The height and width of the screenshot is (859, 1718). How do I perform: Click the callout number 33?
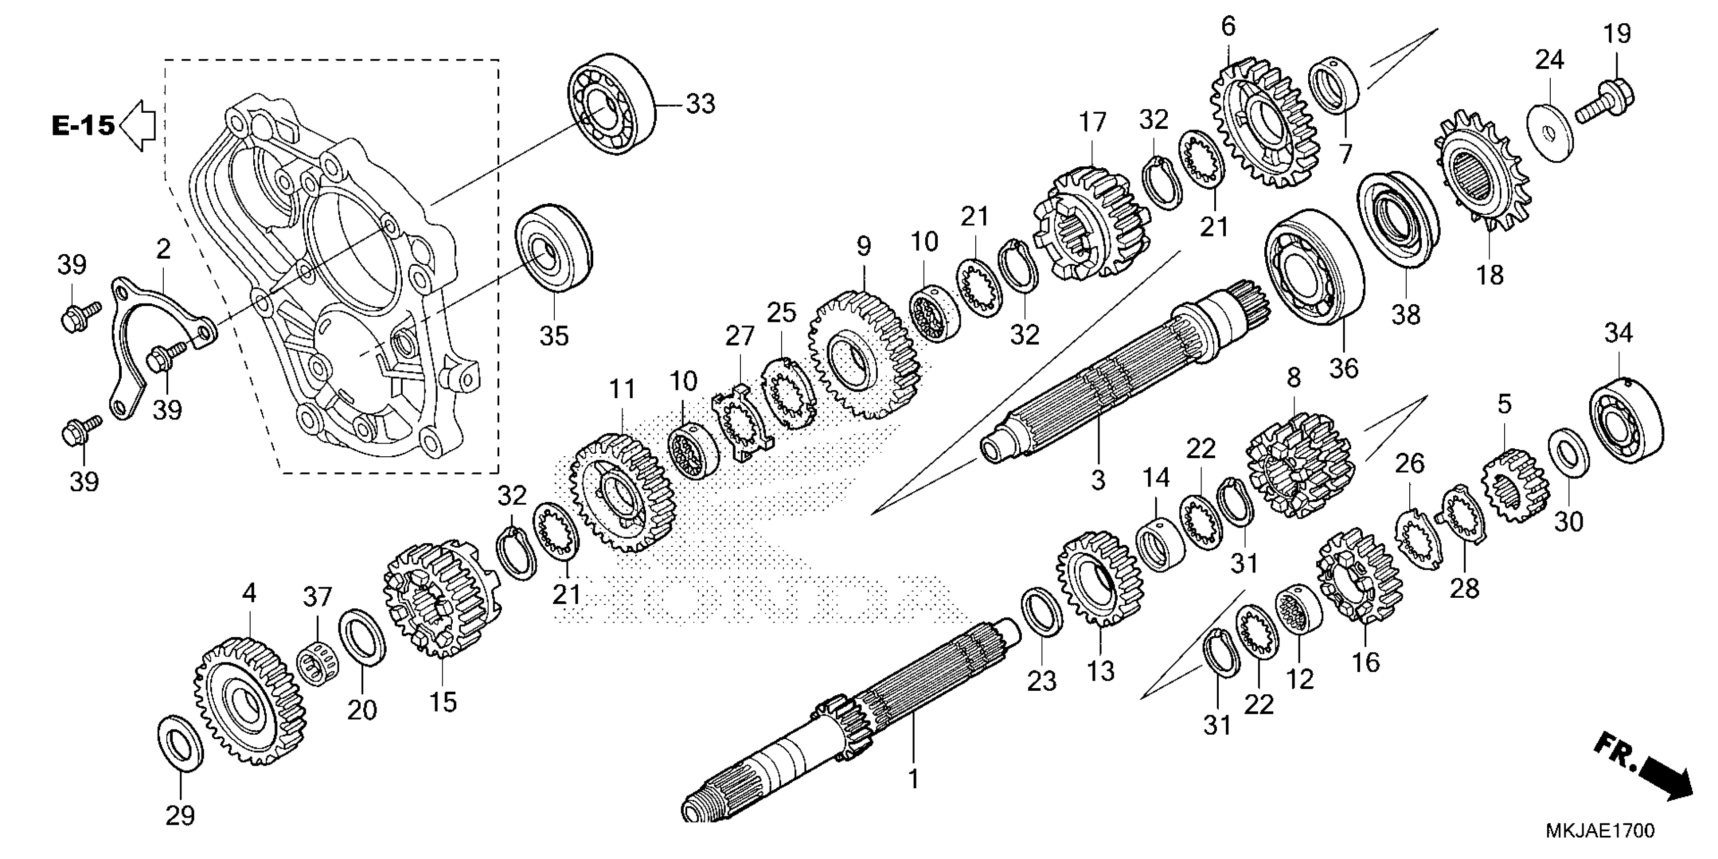pos(700,105)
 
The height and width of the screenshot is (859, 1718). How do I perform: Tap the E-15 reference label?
pos(83,125)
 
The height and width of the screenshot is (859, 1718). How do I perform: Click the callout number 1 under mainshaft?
pos(913,779)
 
